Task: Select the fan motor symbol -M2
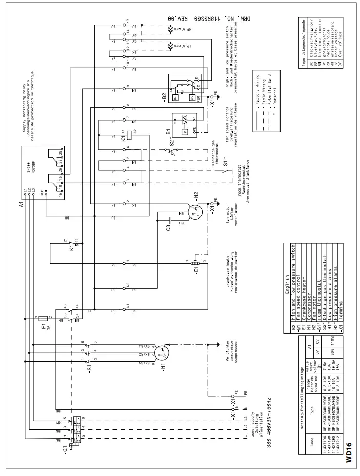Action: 193,211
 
